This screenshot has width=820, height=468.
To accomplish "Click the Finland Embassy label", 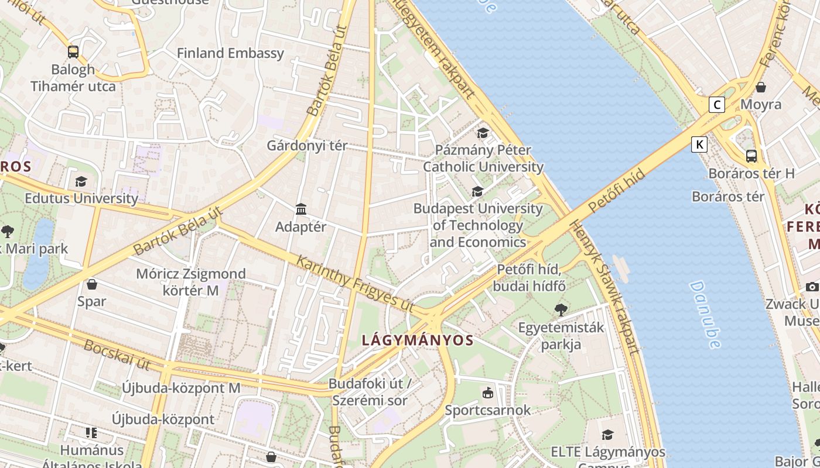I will [x=230, y=53].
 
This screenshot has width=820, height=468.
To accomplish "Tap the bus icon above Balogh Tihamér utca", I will [x=73, y=52].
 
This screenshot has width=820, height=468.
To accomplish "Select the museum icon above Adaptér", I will [x=301, y=209].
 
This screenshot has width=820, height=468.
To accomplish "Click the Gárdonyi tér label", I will [x=307, y=146].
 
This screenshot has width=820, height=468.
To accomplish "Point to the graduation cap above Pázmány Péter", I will [x=483, y=133].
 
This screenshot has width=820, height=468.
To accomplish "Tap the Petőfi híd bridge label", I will [x=616, y=191].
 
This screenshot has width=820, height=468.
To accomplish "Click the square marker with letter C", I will [x=716, y=105].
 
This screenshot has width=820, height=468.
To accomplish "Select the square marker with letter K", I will [x=699, y=144].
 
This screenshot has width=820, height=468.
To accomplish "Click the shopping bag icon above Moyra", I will [x=760, y=88].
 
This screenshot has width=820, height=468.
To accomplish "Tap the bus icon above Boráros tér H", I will [x=751, y=156].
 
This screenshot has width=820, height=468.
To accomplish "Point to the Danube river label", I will [x=705, y=315].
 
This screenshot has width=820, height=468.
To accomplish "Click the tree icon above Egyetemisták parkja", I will [x=561, y=310].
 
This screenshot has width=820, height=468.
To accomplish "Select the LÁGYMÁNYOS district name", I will [x=417, y=340].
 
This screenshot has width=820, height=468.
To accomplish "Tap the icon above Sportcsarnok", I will [x=487, y=393].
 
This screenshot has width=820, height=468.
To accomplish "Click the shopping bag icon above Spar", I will [x=92, y=285].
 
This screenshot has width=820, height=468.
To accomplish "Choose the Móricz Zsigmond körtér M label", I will [x=183, y=281].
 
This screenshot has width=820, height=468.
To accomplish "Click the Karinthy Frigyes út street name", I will [x=356, y=284].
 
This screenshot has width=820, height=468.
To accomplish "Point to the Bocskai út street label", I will [x=117, y=355].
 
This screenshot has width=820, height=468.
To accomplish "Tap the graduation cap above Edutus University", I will [x=81, y=182].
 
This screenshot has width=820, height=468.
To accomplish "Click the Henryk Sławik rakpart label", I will [x=603, y=287].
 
